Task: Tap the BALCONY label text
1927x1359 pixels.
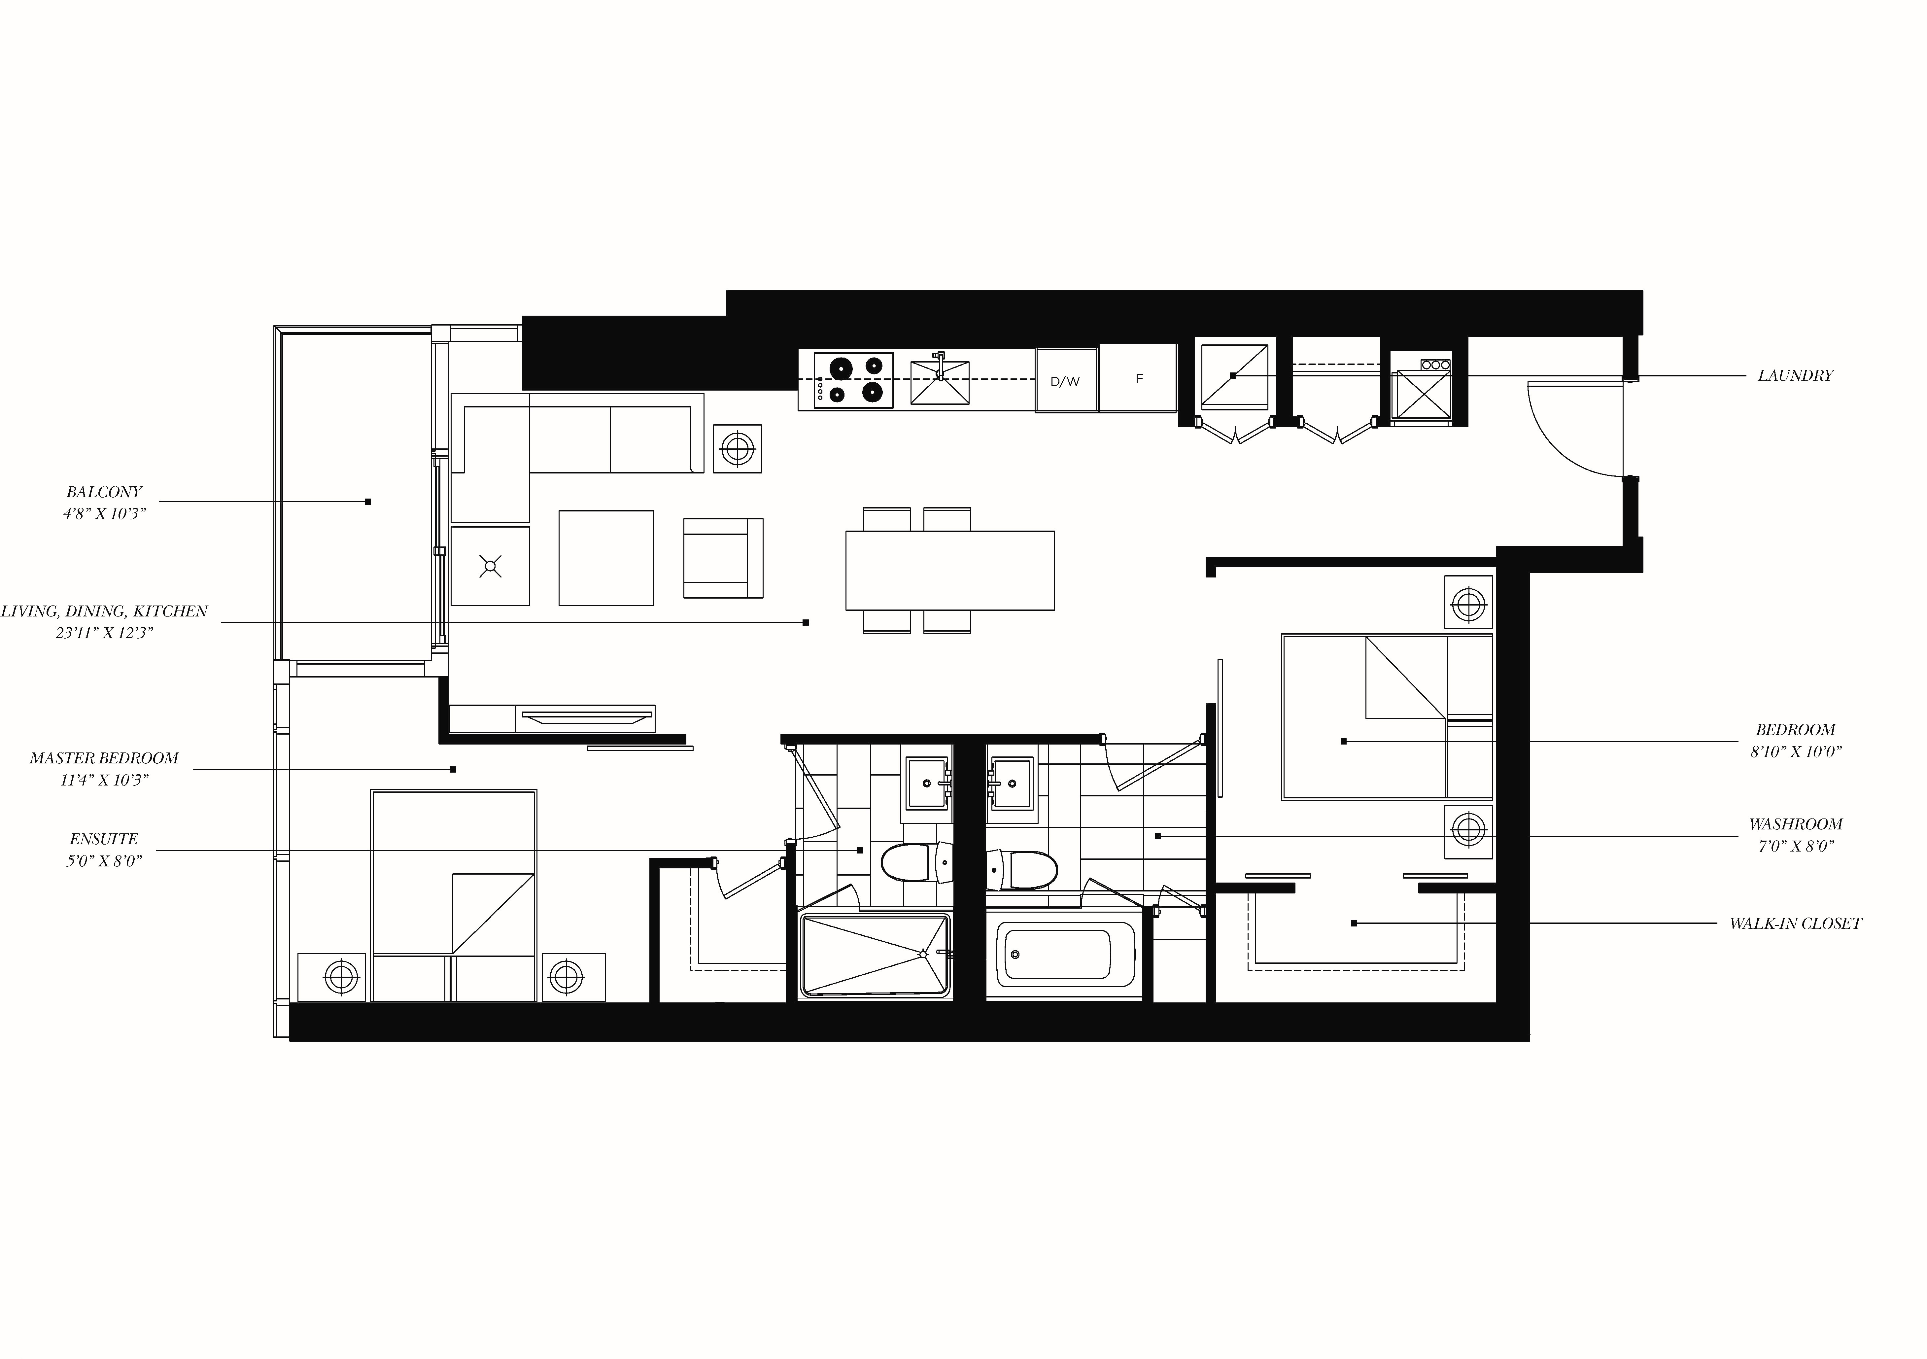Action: tap(104, 492)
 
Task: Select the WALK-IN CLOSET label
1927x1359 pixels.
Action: tap(1794, 923)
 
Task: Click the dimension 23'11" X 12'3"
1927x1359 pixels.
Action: tap(104, 633)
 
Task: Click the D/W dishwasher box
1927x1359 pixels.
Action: tap(1066, 380)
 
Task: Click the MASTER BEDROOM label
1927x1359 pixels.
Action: tap(104, 758)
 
